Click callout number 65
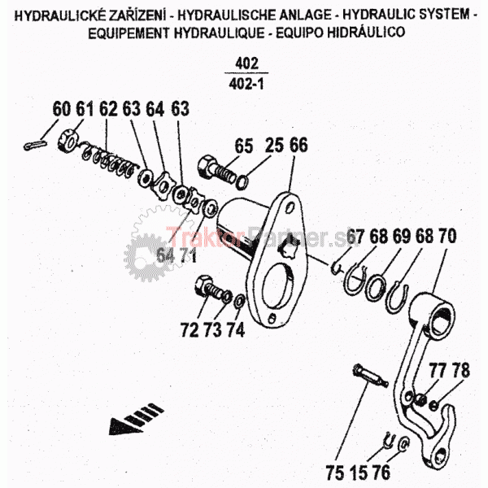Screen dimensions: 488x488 coord(244,146)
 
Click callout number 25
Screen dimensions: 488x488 coord(272,146)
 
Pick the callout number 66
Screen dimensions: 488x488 coord(298,146)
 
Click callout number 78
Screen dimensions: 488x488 coord(460,372)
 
